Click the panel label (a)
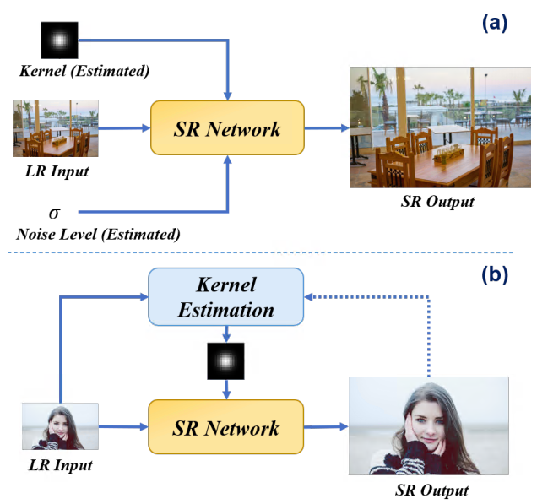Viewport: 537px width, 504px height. [x=494, y=24]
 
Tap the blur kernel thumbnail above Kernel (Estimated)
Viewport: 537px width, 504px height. [x=59, y=40]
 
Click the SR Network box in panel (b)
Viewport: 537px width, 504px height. [x=226, y=428]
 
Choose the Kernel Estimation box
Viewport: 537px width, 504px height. [x=226, y=297]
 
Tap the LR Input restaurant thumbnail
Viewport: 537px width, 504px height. [x=56, y=128]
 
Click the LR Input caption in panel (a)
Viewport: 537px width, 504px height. [x=57, y=171]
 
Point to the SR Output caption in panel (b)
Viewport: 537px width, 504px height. [x=431, y=490]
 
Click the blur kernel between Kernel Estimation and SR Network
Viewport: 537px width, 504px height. [x=225, y=362]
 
